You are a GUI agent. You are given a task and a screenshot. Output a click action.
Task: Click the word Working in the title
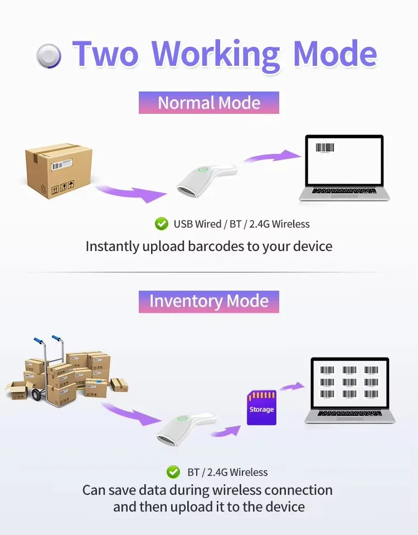click(x=216, y=55)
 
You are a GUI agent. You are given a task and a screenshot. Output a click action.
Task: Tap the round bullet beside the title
click(x=48, y=56)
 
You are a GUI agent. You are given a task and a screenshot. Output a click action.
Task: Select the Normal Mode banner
click(x=208, y=102)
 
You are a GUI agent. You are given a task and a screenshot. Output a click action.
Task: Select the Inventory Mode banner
click(x=208, y=302)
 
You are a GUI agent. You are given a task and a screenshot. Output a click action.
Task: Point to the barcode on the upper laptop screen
click(x=324, y=148)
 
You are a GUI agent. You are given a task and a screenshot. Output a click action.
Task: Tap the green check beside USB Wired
click(x=161, y=224)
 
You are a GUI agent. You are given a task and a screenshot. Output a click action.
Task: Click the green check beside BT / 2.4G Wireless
click(x=173, y=472)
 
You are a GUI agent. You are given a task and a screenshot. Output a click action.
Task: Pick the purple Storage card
click(x=261, y=408)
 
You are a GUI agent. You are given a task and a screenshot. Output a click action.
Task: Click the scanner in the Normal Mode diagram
click(x=206, y=180)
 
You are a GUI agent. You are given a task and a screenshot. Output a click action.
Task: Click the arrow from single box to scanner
click(x=132, y=194)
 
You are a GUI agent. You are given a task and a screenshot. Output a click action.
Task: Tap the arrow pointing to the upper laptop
click(x=273, y=157)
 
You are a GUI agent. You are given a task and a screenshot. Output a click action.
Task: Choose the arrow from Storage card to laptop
click(x=293, y=387)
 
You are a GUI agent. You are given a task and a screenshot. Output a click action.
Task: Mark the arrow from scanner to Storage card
click(x=226, y=431)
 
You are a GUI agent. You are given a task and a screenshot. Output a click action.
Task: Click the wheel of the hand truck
click(x=36, y=395)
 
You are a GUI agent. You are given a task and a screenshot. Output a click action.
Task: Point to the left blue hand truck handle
click(x=38, y=341)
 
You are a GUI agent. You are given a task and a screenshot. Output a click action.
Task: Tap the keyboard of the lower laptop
click(x=349, y=413)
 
